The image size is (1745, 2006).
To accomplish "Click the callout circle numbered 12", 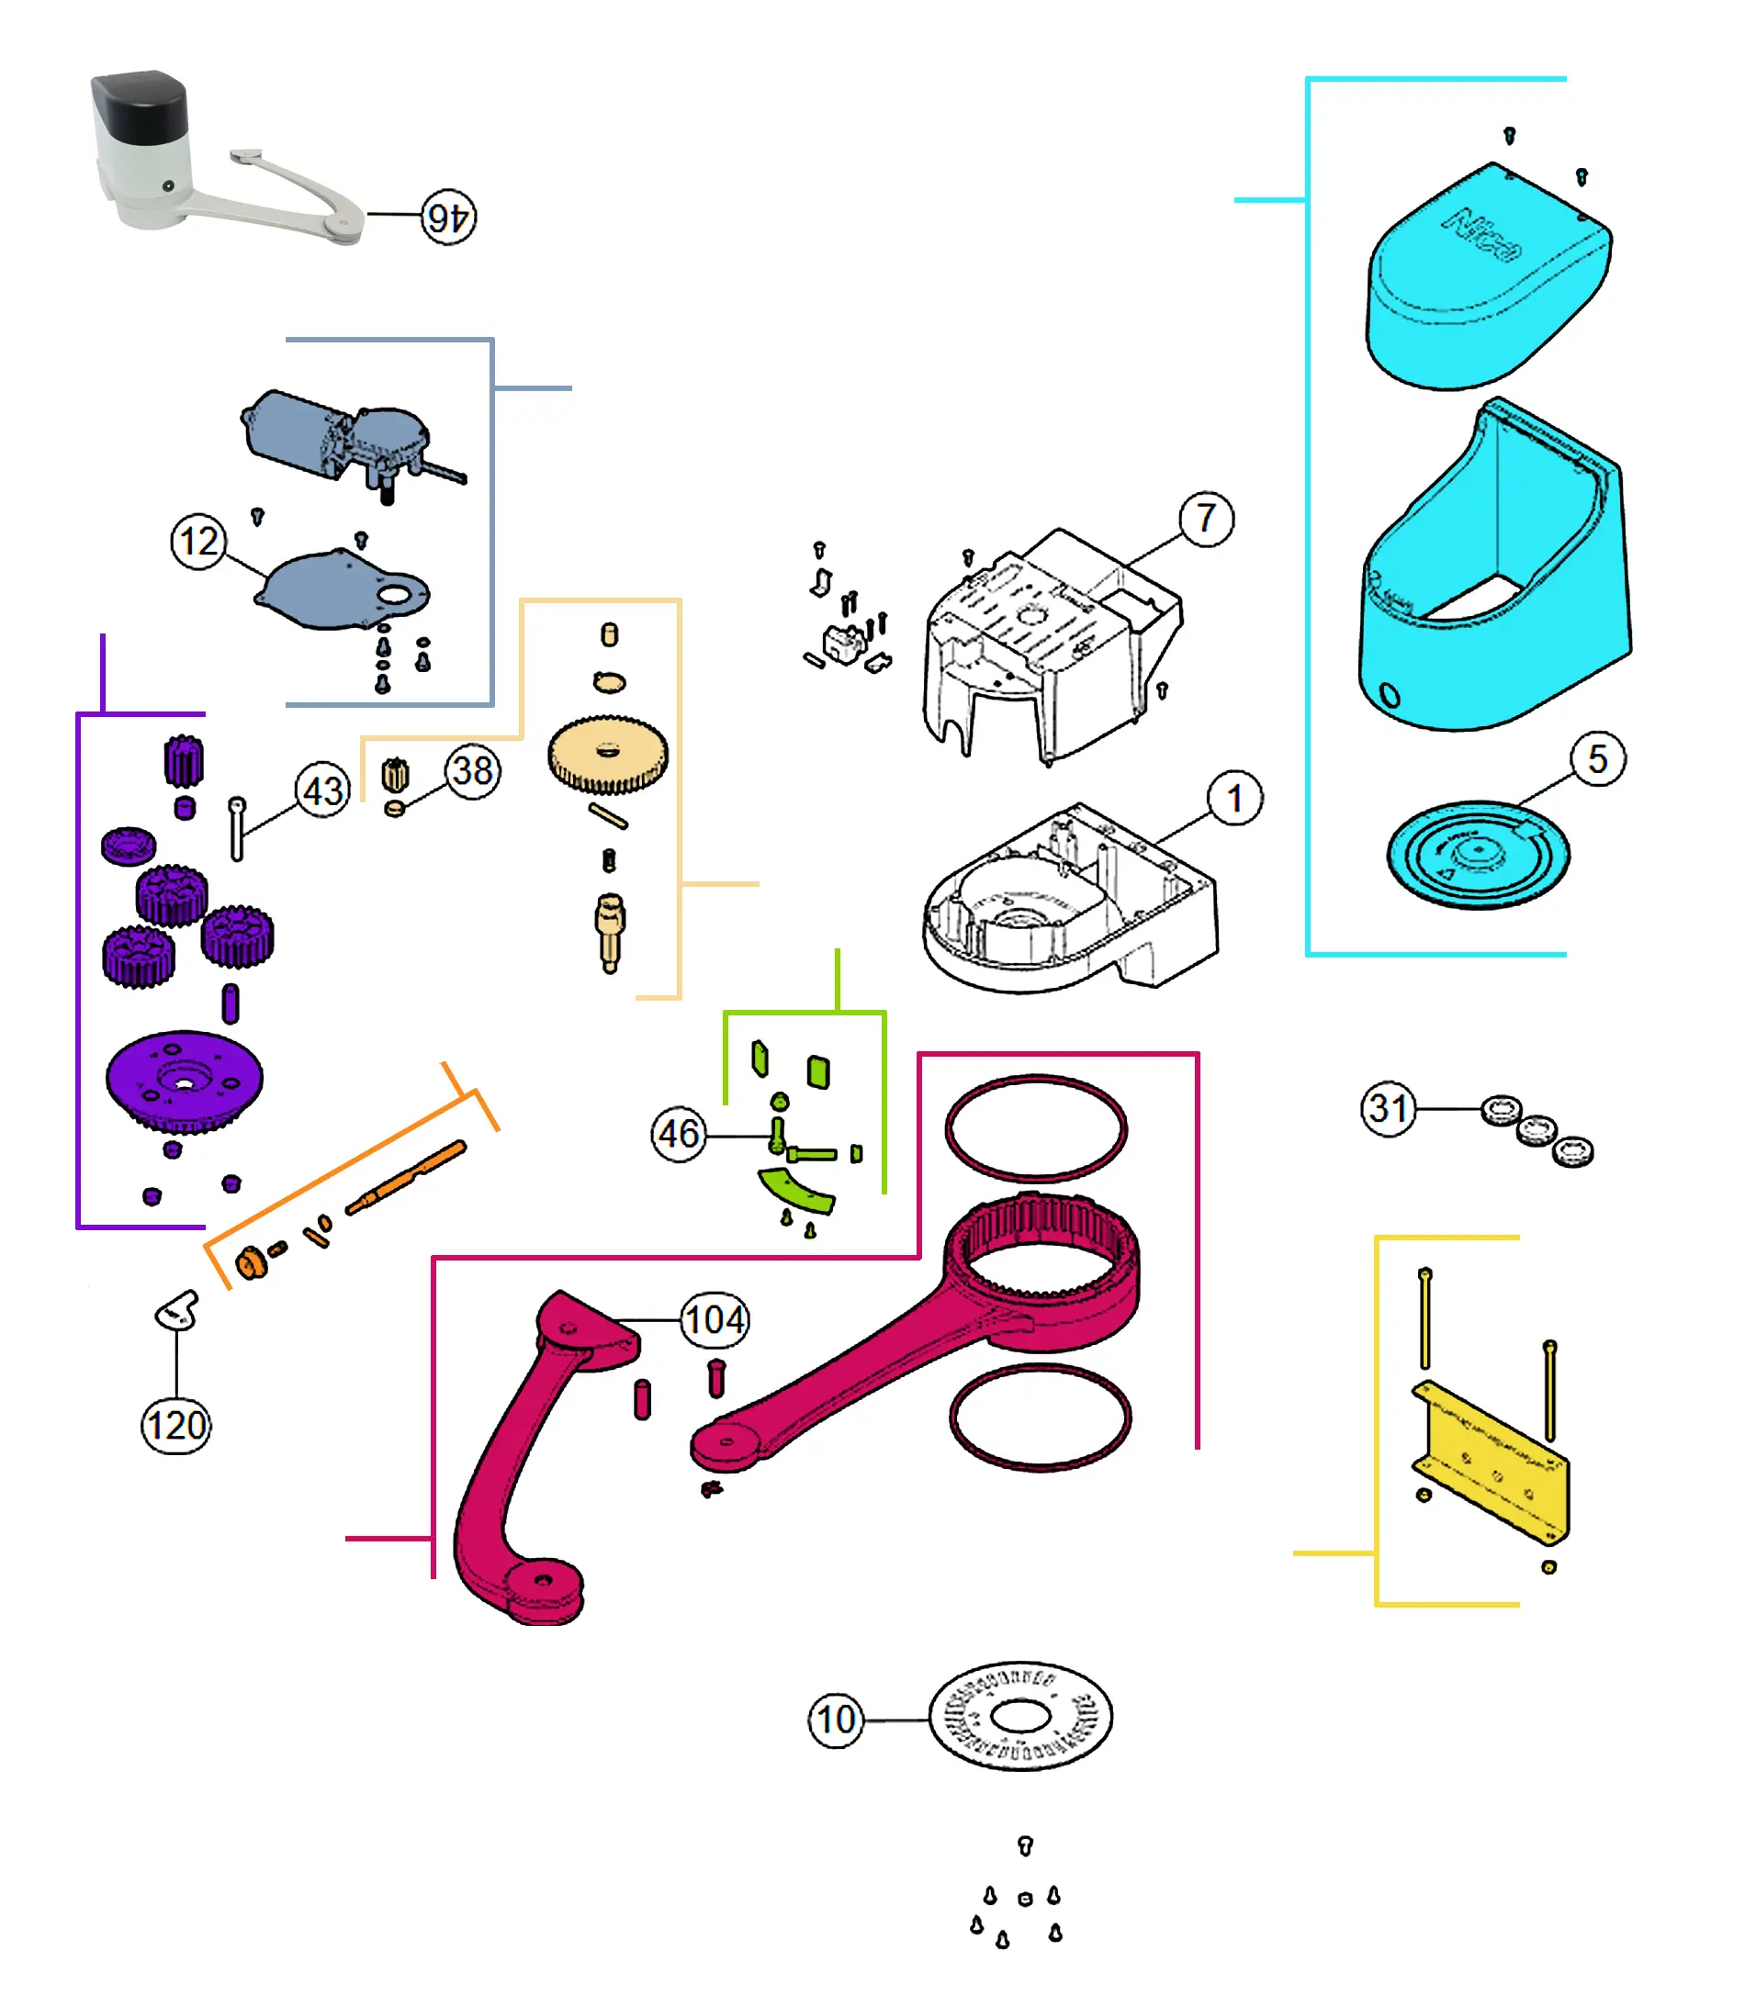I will [x=198, y=541].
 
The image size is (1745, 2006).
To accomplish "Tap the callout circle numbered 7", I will [x=1207, y=519].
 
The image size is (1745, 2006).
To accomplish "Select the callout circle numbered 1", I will [x=1234, y=799].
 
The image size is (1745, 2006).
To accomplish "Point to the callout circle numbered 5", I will [x=1597, y=759].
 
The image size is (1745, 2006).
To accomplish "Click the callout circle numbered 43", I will [x=322, y=790].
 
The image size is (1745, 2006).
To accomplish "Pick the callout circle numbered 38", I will [x=473, y=771].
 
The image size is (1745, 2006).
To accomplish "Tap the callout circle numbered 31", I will [x=1389, y=1107].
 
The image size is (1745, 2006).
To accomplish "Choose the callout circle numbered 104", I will [x=715, y=1320].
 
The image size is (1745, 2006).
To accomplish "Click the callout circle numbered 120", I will [x=176, y=1426].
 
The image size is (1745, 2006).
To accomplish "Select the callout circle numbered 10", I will [x=837, y=1720].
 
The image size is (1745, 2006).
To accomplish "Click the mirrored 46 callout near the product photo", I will [x=449, y=217].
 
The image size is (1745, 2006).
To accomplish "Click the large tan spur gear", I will [x=609, y=755].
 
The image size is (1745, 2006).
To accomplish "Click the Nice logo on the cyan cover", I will [x=1482, y=236].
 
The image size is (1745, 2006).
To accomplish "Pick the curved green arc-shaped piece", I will [x=796, y=1192].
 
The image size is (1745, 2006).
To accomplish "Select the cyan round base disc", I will [x=1477, y=855].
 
